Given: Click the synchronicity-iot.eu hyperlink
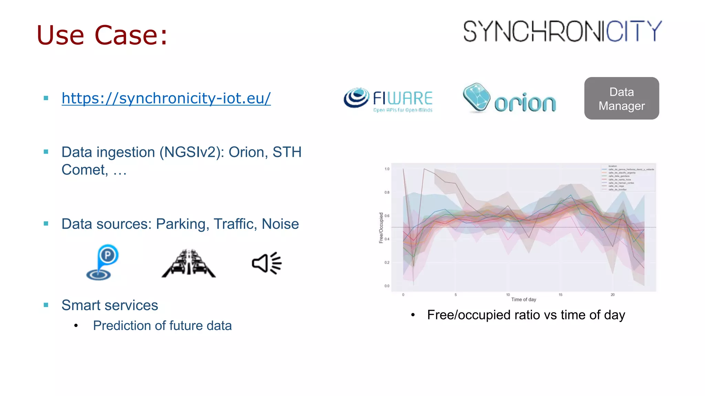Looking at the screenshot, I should (x=166, y=98).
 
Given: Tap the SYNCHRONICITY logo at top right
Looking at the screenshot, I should (x=562, y=32).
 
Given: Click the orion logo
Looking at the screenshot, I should (x=509, y=99).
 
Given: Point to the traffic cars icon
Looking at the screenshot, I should (x=189, y=264).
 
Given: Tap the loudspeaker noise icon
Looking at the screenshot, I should (x=267, y=263).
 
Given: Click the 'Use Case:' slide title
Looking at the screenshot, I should (x=102, y=35).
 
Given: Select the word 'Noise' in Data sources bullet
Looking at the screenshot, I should (x=280, y=224).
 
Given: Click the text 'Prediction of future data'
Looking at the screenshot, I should (x=162, y=326).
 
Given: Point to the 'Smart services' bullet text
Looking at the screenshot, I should (x=109, y=305).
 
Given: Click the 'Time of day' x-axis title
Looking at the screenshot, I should (x=524, y=300).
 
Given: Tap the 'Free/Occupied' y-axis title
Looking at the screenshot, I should (x=381, y=228).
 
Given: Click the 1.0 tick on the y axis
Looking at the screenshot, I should (x=387, y=169).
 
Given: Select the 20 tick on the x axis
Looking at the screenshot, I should (x=613, y=295).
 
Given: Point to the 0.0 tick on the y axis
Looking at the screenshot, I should (x=387, y=286).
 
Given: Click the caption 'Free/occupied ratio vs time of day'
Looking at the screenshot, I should (x=526, y=315).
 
